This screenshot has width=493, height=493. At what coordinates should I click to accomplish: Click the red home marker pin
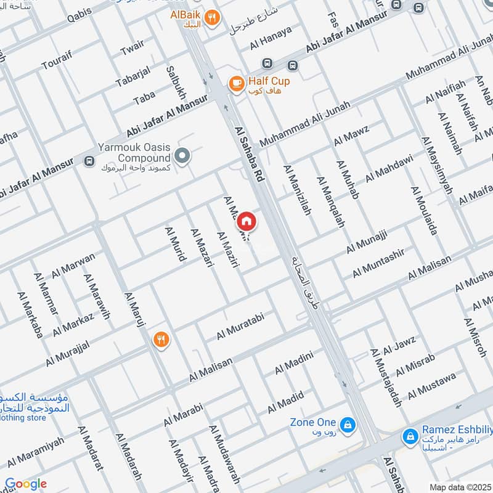pos(246,221)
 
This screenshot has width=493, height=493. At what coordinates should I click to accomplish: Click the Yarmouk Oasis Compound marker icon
pos(182,155)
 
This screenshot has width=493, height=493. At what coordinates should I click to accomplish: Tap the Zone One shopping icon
pos(348,425)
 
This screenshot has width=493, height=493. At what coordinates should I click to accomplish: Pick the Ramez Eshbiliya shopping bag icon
pos(409,436)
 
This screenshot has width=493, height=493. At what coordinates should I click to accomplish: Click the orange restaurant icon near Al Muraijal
pos(161,339)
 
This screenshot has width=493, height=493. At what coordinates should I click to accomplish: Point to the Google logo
pos(26,484)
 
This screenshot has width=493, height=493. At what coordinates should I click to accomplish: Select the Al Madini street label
pos(295,362)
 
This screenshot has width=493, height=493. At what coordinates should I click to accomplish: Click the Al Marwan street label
pos(74,266)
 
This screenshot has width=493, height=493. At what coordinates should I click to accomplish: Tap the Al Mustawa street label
pos(431,386)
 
